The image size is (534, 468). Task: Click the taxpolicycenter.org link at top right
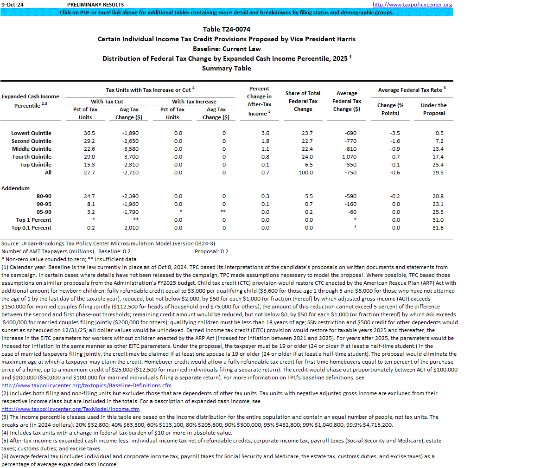[412, 5]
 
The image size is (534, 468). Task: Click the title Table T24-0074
[227, 29]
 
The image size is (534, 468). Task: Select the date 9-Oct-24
[13, 5]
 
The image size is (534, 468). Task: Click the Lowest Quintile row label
[31, 133]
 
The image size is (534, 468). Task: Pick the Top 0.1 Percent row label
[32, 228]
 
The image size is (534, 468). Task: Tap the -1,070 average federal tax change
[347, 157]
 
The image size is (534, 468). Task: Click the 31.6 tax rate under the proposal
[438, 228]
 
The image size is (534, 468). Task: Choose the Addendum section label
[15, 188]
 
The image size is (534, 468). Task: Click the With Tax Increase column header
[194, 101]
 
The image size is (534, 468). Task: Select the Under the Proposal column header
[433, 109]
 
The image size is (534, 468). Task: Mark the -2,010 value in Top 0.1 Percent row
[126, 228]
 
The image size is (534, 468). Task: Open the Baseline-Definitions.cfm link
[87, 385]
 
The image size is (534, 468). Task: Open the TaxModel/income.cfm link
[70, 409]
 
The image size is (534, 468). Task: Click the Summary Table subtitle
[227, 68]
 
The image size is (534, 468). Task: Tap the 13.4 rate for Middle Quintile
[438, 149]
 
